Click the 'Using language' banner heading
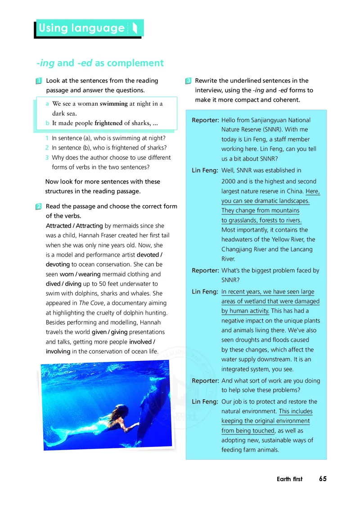tap(82, 28)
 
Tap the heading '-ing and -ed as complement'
tap(100, 63)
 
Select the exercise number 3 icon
tap(189, 81)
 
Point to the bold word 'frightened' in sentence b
tap(108, 123)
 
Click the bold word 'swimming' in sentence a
tap(113, 103)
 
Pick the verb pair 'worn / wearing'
tap(75, 274)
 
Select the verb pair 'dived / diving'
tap(63, 284)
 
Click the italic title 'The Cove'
tap(90, 303)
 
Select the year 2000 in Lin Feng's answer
tap(229, 181)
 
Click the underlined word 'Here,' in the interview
tap(313, 191)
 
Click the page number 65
tap(323, 479)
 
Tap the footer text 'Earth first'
tap(290, 479)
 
